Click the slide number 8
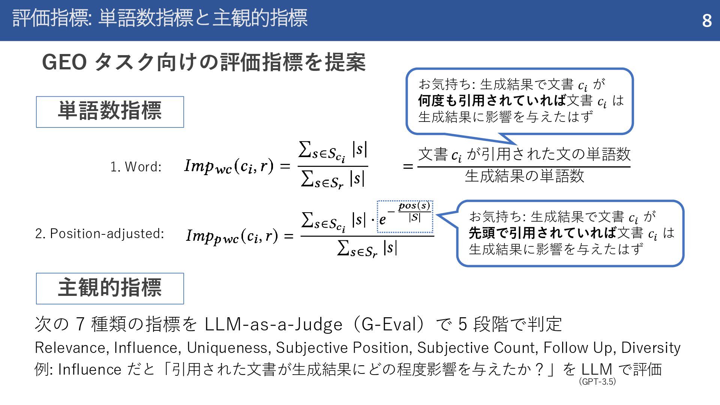click(706, 21)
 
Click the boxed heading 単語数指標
click(110, 112)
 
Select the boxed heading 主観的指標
click(110, 288)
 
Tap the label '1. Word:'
click(136, 167)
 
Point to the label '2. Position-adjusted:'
click(100, 234)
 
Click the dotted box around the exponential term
click(405, 217)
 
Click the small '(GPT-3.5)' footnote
click(597, 382)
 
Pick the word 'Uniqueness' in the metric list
click(228, 348)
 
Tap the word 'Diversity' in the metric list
click(651, 348)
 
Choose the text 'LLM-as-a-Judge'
click(273, 324)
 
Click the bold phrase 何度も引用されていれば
click(492, 100)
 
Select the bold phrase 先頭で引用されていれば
click(543, 233)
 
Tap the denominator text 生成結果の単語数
click(524, 176)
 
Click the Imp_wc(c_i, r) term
click(229, 166)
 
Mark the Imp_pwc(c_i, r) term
click(232, 236)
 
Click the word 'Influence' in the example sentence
click(90, 370)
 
